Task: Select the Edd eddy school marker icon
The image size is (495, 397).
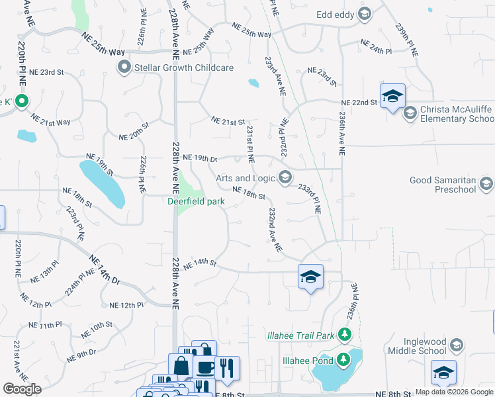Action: [364, 14]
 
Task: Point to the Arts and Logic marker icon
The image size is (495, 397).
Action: [285, 177]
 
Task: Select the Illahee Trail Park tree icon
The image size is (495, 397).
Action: [344, 335]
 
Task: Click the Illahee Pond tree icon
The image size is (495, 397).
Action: [343, 360]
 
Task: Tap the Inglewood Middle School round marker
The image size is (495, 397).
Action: [456, 344]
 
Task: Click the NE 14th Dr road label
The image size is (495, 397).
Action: [106, 272]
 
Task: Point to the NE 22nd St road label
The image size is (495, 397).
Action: [359, 103]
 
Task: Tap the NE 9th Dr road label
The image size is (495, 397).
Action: [81, 356]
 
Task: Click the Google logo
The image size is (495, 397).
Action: [22, 388]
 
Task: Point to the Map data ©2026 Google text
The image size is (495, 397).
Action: [454, 392]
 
